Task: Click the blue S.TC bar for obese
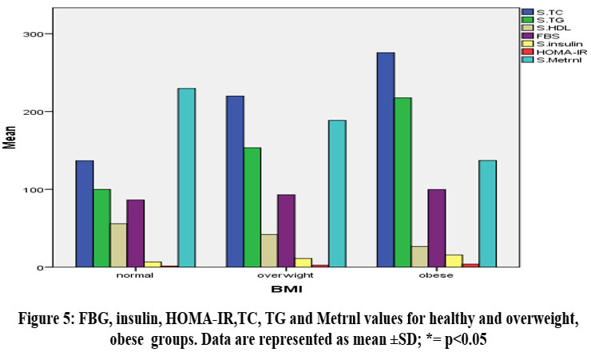coord(386,160)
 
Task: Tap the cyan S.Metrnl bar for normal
coord(186,177)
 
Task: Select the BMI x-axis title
coord(286,288)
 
